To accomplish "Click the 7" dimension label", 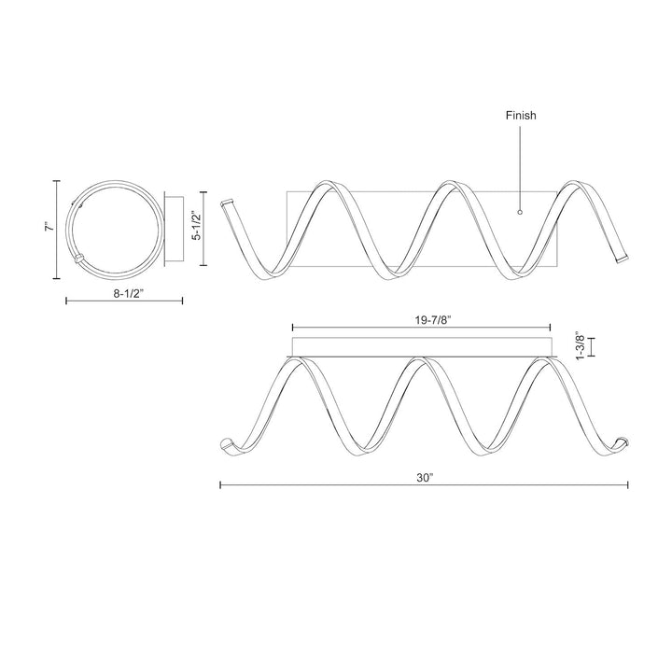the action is [50, 226].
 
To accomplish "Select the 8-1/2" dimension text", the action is [128, 294].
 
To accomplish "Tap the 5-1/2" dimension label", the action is [196, 225].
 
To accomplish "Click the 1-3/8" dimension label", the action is [580, 346].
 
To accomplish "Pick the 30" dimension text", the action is [426, 478].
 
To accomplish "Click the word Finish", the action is [521, 116].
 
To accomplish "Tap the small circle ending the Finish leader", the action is [520, 212].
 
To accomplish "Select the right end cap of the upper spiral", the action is [622, 259].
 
